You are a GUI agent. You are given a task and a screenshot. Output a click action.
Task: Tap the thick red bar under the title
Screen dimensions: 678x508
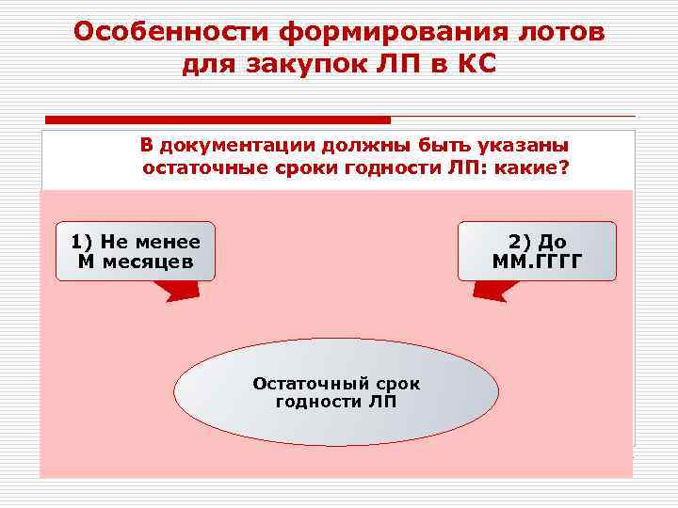218,120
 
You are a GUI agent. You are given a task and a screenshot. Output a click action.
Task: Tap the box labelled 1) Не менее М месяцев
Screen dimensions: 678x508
135,251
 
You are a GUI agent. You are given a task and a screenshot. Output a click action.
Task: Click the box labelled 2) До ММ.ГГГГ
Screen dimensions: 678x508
537,251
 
